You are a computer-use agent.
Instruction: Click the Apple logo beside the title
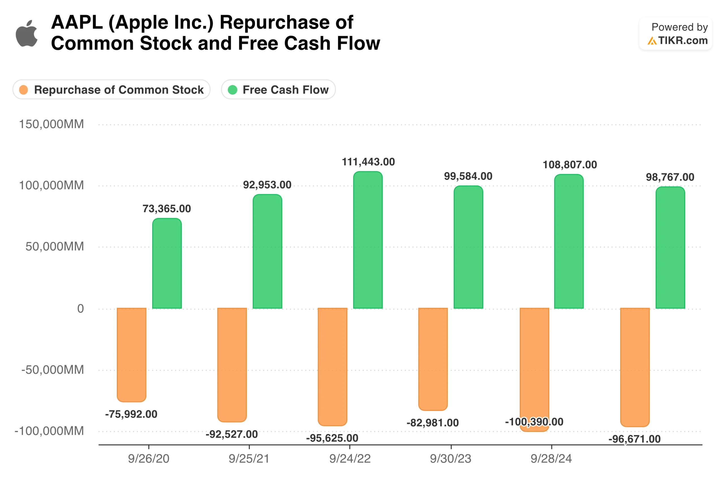tap(27, 34)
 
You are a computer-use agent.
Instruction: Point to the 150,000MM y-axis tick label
tap(51, 124)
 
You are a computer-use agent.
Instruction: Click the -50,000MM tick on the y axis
tap(53, 370)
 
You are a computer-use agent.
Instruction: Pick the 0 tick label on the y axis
tap(80, 309)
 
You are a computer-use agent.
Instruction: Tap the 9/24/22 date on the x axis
tap(350, 459)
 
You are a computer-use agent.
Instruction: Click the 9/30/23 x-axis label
tap(451, 459)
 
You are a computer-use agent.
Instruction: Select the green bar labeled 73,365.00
tap(167, 263)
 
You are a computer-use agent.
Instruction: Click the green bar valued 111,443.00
tap(368, 240)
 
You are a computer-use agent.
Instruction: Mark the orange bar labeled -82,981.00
tap(433, 359)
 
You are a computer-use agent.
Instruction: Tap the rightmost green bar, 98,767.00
tap(670, 247)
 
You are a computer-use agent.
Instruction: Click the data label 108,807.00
tap(570, 165)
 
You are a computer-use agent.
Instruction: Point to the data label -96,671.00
tap(634, 439)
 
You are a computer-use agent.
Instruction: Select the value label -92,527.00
tap(232, 434)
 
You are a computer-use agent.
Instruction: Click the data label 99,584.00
tap(468, 176)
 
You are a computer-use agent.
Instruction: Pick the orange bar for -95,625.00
tap(332, 367)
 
